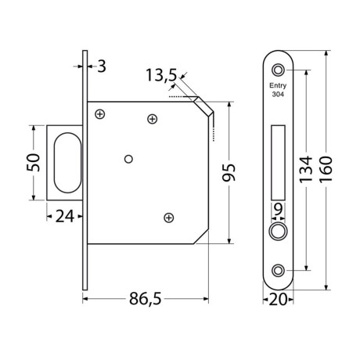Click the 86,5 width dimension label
(x=146, y=299)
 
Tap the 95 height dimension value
(x=229, y=172)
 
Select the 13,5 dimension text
(x=161, y=75)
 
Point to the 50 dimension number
(x=34, y=162)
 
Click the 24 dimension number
(x=65, y=217)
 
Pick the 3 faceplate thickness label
(x=102, y=67)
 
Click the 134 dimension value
(x=305, y=170)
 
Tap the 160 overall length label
(x=326, y=170)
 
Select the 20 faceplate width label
(x=278, y=300)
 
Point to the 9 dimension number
(x=279, y=209)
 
